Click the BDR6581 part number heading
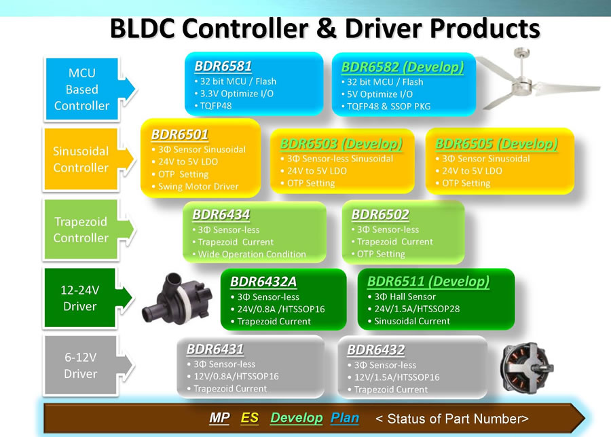[x=223, y=66]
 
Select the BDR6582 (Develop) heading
[x=403, y=67]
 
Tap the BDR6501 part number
[x=180, y=134]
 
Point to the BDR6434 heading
[x=221, y=214]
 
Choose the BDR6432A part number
[x=263, y=282]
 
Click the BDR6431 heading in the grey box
[x=215, y=349]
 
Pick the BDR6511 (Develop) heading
[x=428, y=281]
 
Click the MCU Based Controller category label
[x=82, y=89]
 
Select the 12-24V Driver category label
[x=80, y=298]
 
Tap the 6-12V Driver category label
[x=80, y=365]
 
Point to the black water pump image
[x=177, y=299]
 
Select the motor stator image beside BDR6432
[x=526, y=368]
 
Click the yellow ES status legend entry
[x=250, y=418]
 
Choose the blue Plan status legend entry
[x=345, y=418]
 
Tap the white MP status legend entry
[x=219, y=418]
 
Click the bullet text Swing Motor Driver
[x=198, y=187]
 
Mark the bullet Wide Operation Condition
[x=252, y=254]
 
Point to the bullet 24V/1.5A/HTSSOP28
[x=417, y=309]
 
